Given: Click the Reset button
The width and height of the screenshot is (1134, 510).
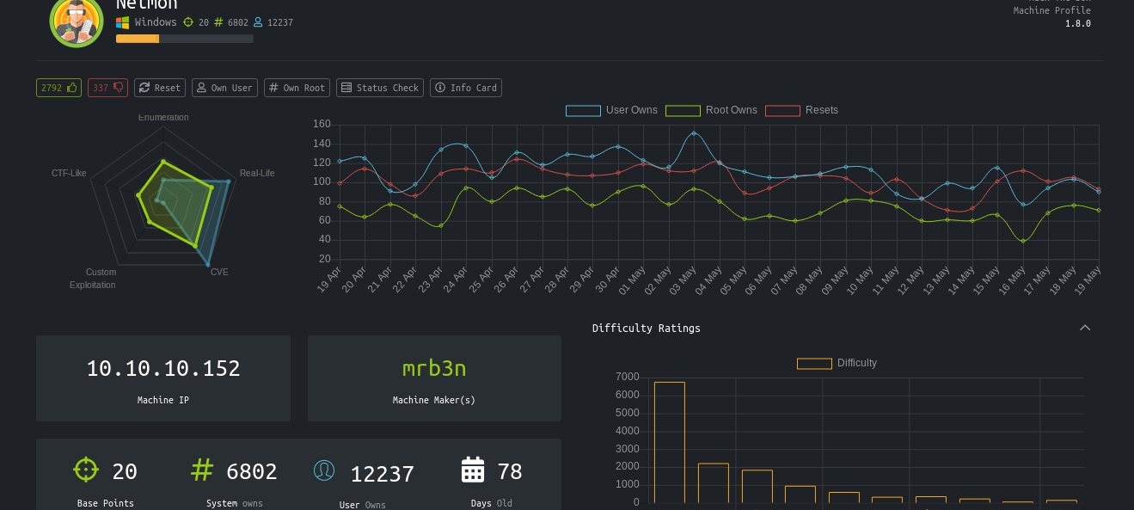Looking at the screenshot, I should click(160, 88).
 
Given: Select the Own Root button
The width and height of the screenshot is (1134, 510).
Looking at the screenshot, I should click(297, 88).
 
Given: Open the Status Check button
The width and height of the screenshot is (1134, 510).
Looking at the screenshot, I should click(379, 88).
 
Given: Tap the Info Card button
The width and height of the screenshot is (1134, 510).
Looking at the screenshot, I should click(465, 88).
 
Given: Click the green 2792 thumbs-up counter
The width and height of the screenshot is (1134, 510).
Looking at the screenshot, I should click(58, 88).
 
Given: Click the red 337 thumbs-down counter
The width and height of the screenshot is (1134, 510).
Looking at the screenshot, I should click(107, 88).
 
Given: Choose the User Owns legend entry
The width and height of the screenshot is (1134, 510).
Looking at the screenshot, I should click(612, 110).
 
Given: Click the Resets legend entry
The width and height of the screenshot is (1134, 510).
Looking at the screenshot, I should click(802, 110).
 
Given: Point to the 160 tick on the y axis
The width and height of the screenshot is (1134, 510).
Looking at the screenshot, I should click(322, 124).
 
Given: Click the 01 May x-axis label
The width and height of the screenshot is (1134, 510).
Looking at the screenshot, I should click(632, 280).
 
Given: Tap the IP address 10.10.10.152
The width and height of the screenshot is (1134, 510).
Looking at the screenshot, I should click(163, 368).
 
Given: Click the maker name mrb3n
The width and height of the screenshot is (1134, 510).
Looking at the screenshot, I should click(434, 368).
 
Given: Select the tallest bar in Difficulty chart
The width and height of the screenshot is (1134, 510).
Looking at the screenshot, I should click(669, 442).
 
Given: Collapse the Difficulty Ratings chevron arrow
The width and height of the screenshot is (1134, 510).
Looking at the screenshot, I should click(1085, 328).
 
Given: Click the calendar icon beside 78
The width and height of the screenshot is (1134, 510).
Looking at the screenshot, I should click(473, 470).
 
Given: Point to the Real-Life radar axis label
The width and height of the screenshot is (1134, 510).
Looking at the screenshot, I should click(257, 173).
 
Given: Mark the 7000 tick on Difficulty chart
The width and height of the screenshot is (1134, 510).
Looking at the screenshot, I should click(628, 377).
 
